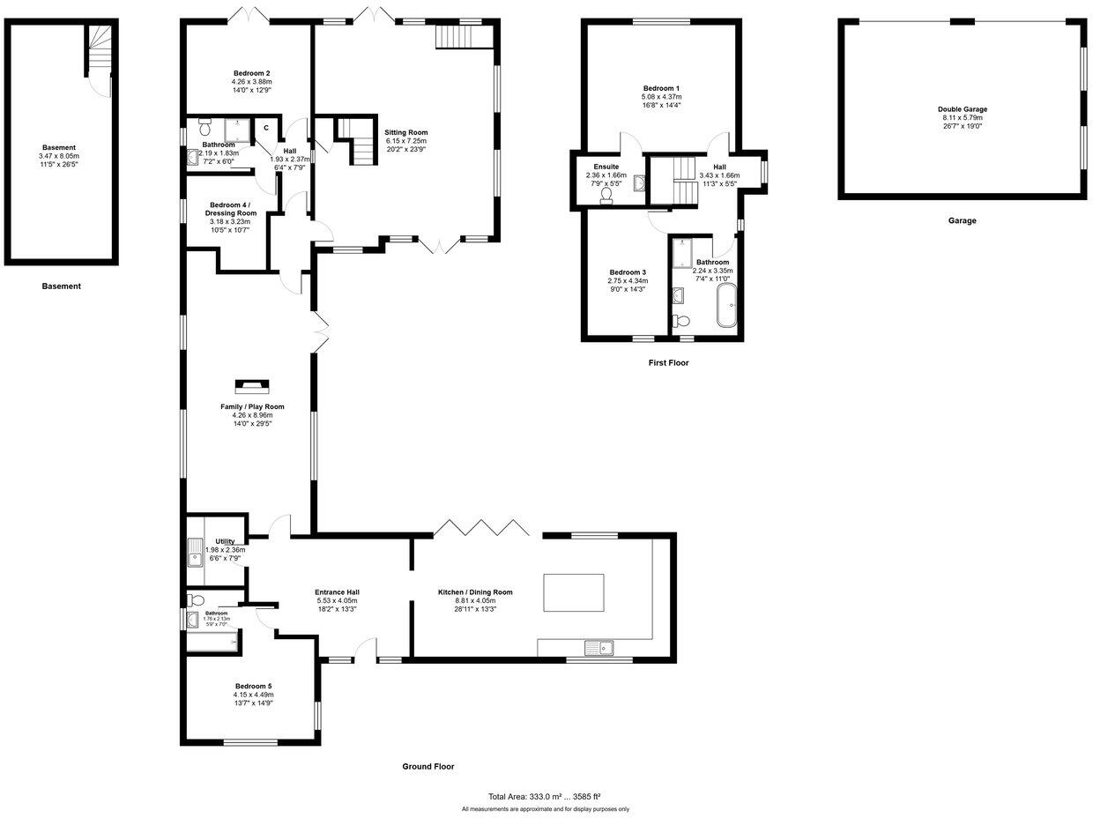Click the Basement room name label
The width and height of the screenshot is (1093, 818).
(x=60, y=147)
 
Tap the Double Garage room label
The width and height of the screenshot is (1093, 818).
(x=962, y=109)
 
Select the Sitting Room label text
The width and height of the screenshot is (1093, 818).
(x=405, y=132)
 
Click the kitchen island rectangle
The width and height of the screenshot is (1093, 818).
(x=575, y=592)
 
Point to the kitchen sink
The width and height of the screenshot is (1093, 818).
(x=602, y=649)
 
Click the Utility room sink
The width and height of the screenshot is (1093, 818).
(x=195, y=557)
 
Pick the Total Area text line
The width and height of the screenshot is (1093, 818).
(x=545, y=795)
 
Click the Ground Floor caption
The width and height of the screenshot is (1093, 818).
(x=428, y=767)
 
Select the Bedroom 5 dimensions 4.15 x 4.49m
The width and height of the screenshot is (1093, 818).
(x=254, y=695)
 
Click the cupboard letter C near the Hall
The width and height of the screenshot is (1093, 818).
(x=265, y=128)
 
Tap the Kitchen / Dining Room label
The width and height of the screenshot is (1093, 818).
(x=475, y=592)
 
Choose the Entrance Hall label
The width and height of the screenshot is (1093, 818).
(x=337, y=592)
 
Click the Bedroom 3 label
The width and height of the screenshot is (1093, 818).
(x=628, y=272)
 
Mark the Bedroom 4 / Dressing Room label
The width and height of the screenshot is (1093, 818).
(x=233, y=208)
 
